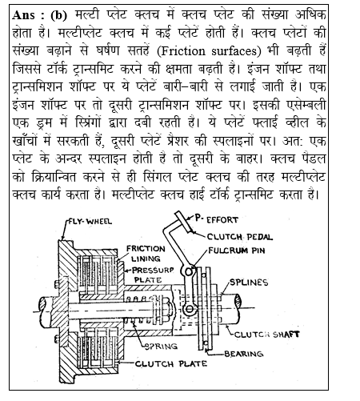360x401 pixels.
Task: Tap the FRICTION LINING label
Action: pos(146,255)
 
